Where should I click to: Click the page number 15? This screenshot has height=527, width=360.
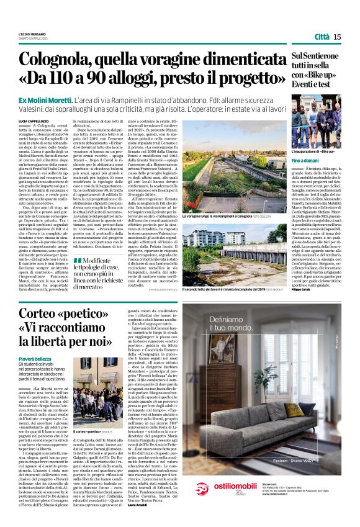tap(337, 37)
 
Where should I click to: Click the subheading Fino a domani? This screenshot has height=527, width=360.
tap(305, 160)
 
